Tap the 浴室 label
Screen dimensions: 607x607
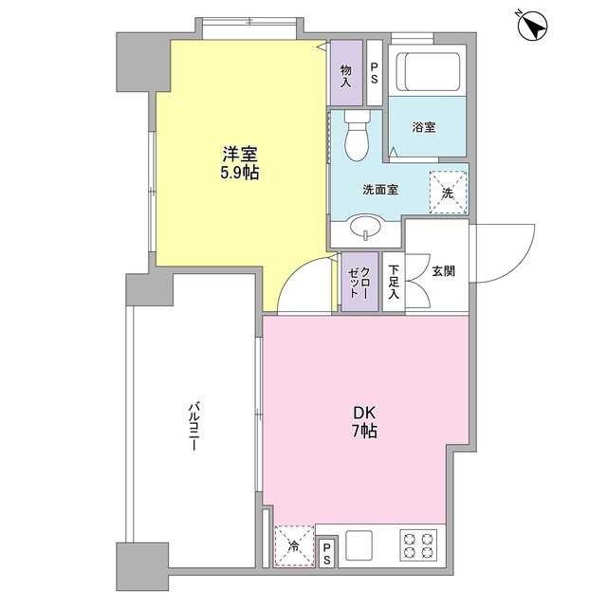[x=424, y=127]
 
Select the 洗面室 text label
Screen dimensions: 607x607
[x=379, y=189]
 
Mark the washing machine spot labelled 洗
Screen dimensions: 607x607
[x=448, y=187]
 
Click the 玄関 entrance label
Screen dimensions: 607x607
[x=443, y=271]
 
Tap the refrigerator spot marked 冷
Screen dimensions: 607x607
[x=294, y=547]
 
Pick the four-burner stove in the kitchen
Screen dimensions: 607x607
[x=418, y=545]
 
